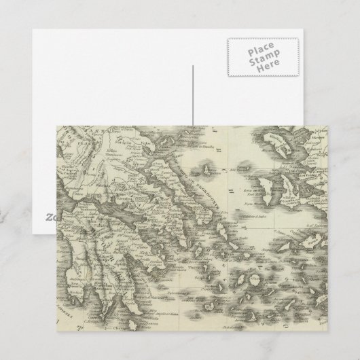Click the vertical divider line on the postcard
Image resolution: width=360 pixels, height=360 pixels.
click(x=192, y=95)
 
